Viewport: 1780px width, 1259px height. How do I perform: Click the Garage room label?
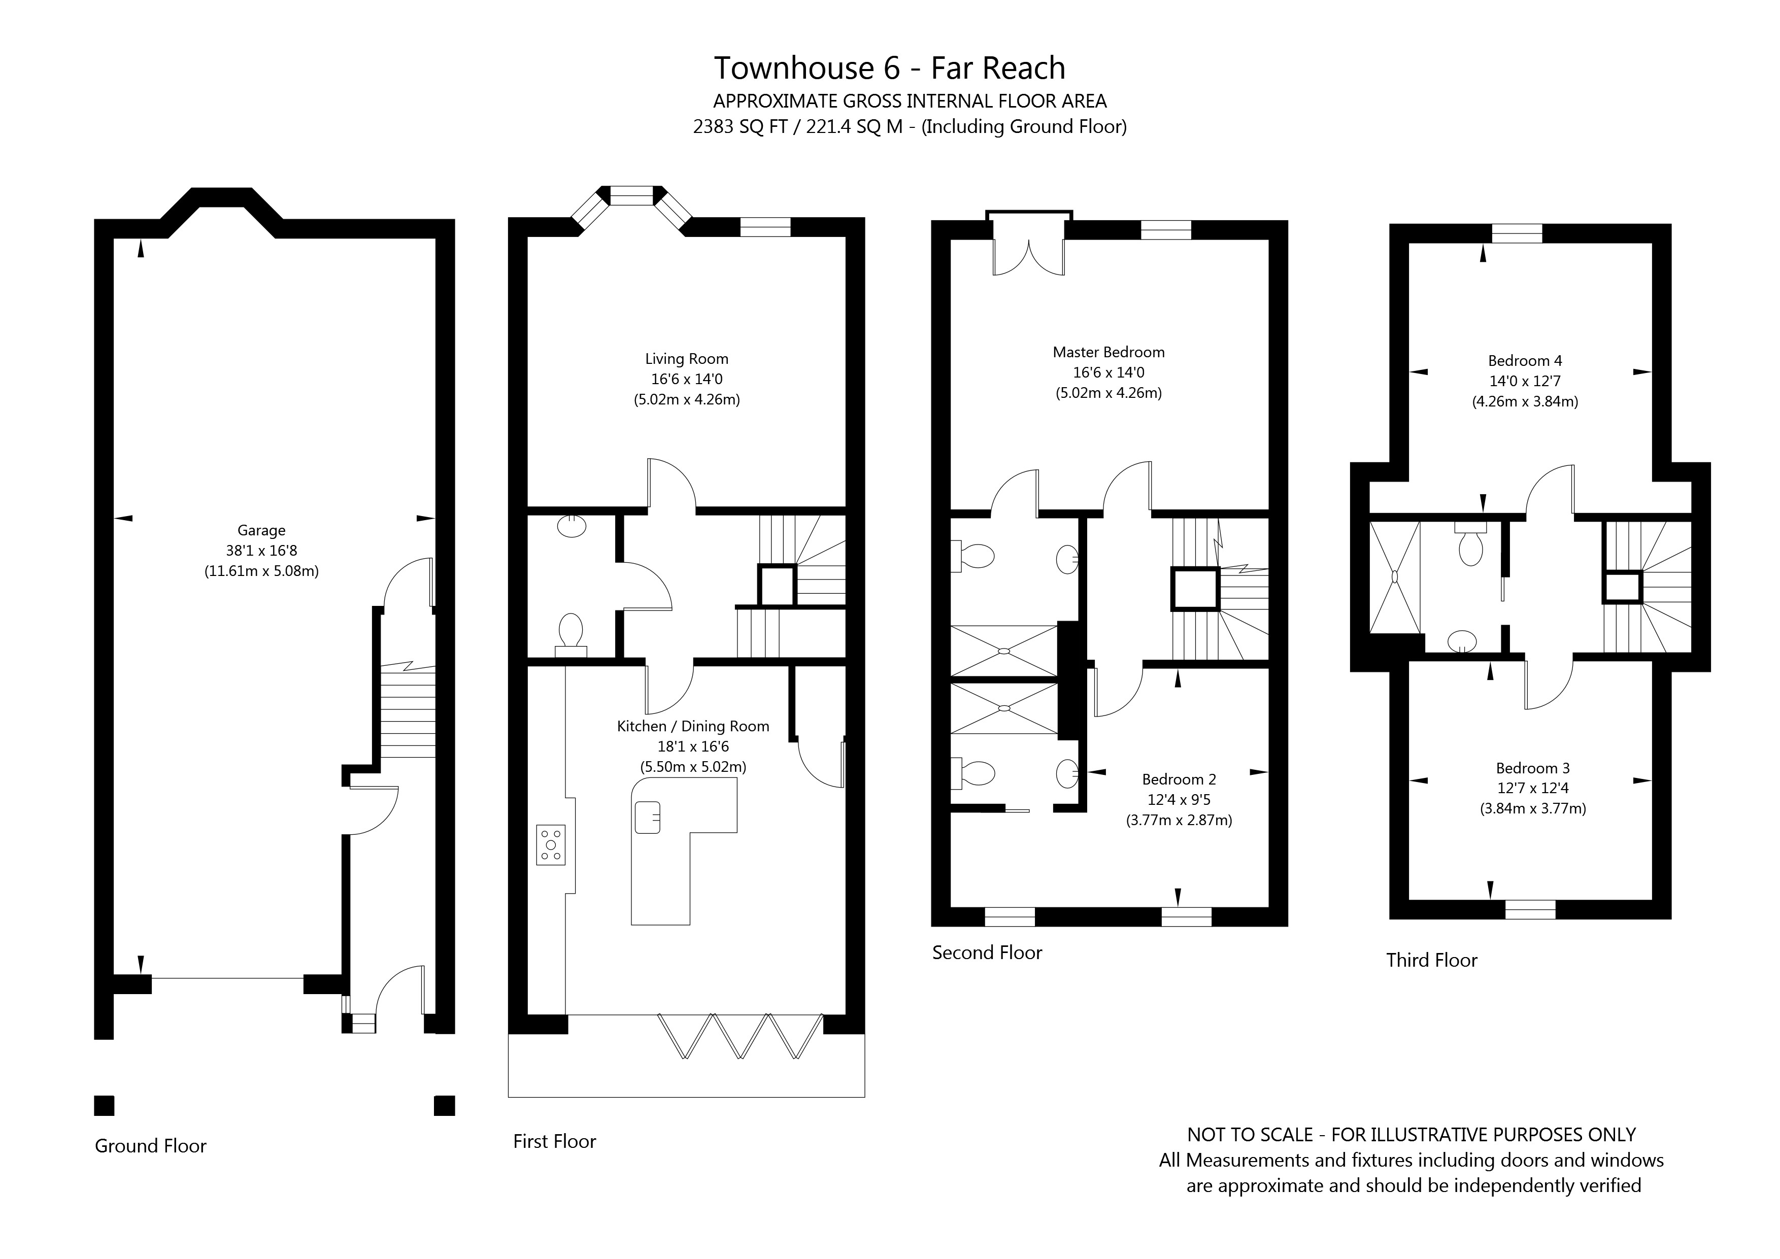(261, 531)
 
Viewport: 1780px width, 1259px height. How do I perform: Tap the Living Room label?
(687, 359)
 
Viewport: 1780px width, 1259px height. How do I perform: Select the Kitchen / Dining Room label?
(693, 726)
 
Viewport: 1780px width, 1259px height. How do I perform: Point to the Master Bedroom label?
(1109, 352)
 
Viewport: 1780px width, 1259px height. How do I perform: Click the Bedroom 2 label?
(1179, 779)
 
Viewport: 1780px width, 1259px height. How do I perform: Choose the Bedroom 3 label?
(1533, 768)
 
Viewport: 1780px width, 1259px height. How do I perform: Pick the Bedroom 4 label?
(1525, 360)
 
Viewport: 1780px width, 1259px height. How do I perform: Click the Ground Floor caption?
(150, 1146)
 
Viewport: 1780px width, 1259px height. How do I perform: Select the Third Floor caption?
(1432, 960)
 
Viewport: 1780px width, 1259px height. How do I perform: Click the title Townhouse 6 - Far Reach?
(889, 68)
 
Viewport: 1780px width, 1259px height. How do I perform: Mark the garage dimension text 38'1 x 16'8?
(261, 551)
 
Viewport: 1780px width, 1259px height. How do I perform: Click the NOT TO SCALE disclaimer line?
(1411, 1135)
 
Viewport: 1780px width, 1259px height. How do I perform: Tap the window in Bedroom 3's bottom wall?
(1530, 909)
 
